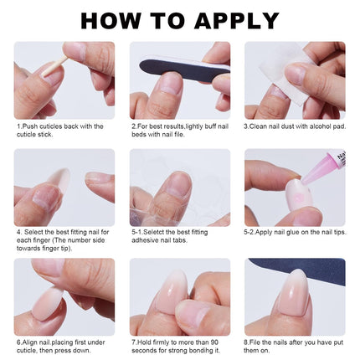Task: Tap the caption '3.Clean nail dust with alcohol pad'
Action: click(x=293, y=126)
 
